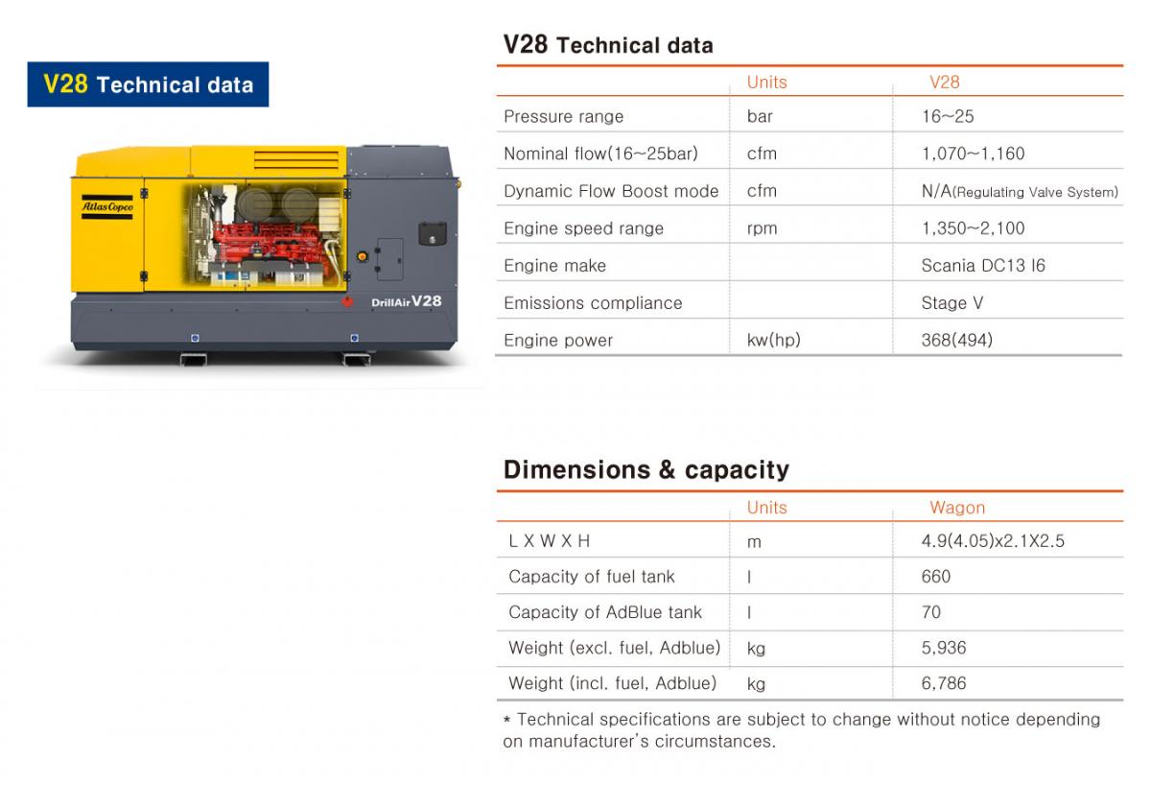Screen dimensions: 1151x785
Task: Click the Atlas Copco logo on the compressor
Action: coord(107,207)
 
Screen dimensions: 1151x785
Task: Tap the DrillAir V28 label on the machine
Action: coord(406,301)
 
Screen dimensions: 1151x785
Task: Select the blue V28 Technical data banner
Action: coord(148,84)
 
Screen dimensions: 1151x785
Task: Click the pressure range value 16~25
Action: coord(948,117)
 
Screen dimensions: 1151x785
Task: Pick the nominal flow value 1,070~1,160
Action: coord(974,154)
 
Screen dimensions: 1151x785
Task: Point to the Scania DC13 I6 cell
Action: coord(983,266)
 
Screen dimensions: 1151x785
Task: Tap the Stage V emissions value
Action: coord(952,303)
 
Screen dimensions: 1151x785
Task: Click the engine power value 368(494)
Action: coord(957,341)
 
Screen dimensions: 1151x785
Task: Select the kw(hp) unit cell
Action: coord(774,341)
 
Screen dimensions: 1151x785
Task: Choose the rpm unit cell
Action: coord(762,228)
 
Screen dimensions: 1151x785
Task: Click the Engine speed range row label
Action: coord(584,228)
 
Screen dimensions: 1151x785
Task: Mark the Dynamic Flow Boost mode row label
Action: coord(611,191)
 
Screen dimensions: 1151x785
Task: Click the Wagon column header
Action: coord(957,508)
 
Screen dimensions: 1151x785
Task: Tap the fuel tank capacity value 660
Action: coord(936,577)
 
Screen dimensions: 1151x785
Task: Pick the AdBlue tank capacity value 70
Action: coord(931,612)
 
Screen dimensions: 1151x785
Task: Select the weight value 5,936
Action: coord(944,648)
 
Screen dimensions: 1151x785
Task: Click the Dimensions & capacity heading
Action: coord(646,470)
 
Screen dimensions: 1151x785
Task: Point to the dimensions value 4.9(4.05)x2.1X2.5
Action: coord(993,541)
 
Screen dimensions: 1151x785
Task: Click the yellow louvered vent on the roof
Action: coord(296,160)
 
